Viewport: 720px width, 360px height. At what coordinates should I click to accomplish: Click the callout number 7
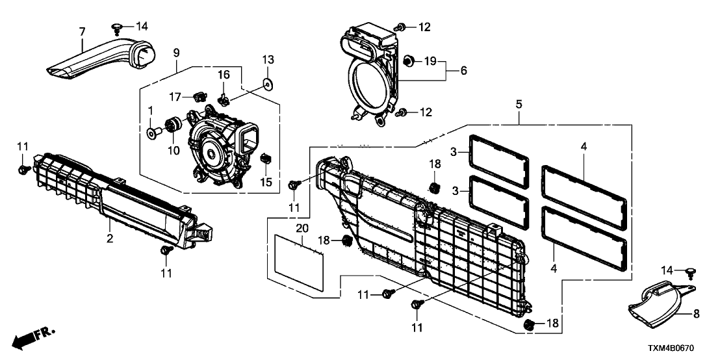(x=82, y=32)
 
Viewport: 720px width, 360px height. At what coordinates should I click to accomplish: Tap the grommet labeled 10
(x=174, y=125)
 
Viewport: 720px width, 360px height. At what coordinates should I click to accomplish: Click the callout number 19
(x=430, y=62)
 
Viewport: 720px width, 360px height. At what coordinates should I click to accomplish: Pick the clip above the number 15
(x=264, y=158)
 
